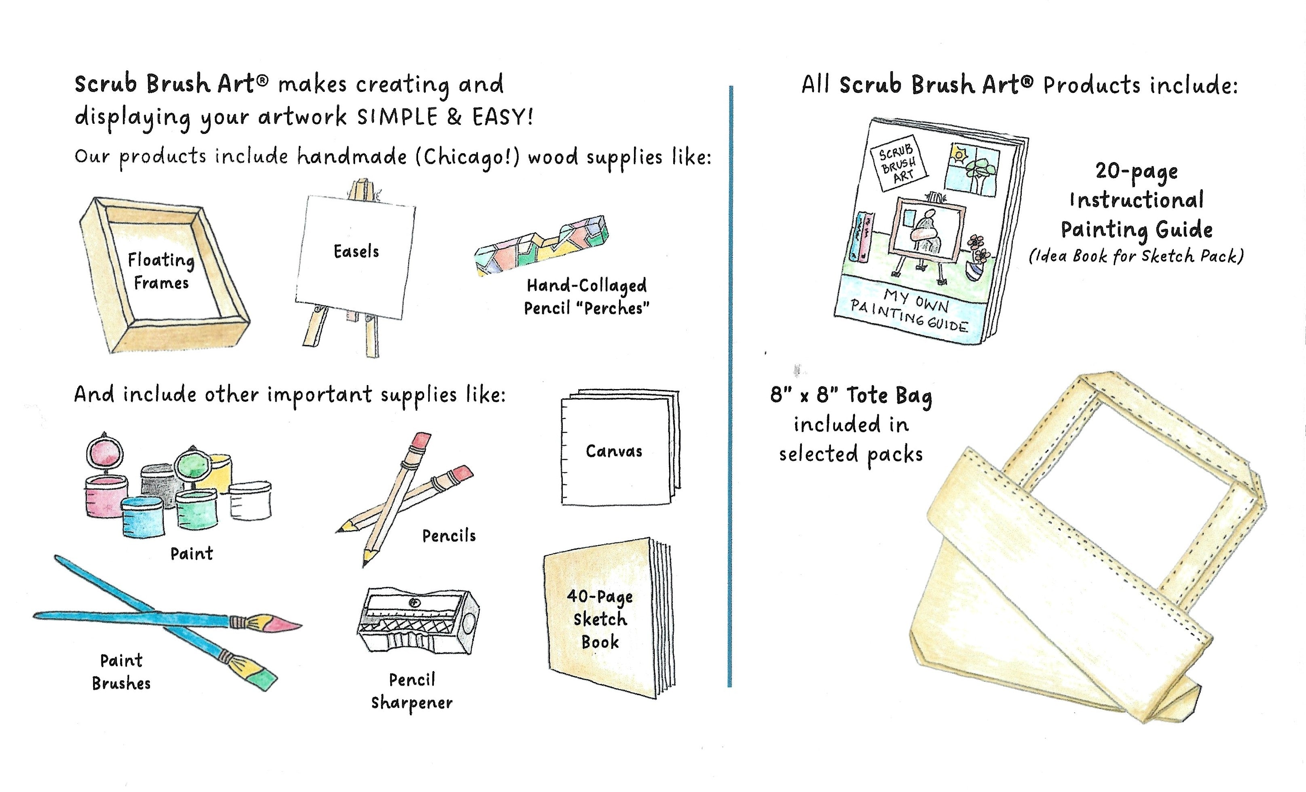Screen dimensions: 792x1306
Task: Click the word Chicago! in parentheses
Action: click(x=467, y=157)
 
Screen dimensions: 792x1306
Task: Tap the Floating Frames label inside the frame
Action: click(x=161, y=271)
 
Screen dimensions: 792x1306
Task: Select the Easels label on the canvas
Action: click(x=356, y=251)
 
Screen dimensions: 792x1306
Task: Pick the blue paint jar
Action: click(x=143, y=517)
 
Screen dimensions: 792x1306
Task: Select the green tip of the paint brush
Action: click(x=264, y=679)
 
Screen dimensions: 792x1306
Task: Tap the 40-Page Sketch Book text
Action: click(x=600, y=619)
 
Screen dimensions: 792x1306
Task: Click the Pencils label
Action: click(x=449, y=536)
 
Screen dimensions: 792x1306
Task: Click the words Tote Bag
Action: click(x=889, y=396)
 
